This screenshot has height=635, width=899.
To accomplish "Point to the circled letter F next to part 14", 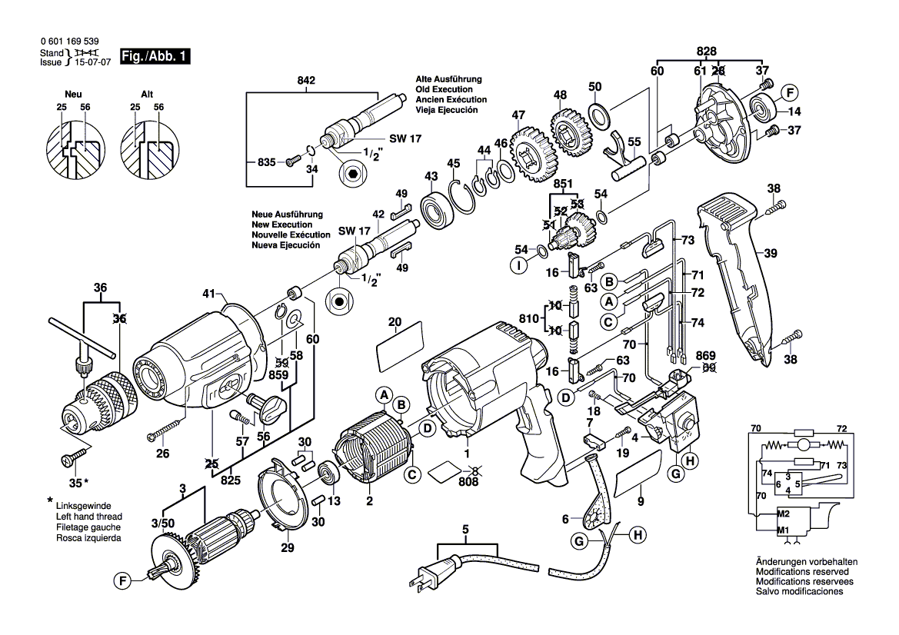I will pos(788,94).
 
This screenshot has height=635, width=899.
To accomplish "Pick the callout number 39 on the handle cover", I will pos(770,251).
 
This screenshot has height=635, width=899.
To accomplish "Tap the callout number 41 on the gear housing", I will pos(206,294).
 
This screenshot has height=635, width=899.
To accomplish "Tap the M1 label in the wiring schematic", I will pos(783,531).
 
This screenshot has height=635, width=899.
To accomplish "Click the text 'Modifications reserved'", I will pos(802,573).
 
